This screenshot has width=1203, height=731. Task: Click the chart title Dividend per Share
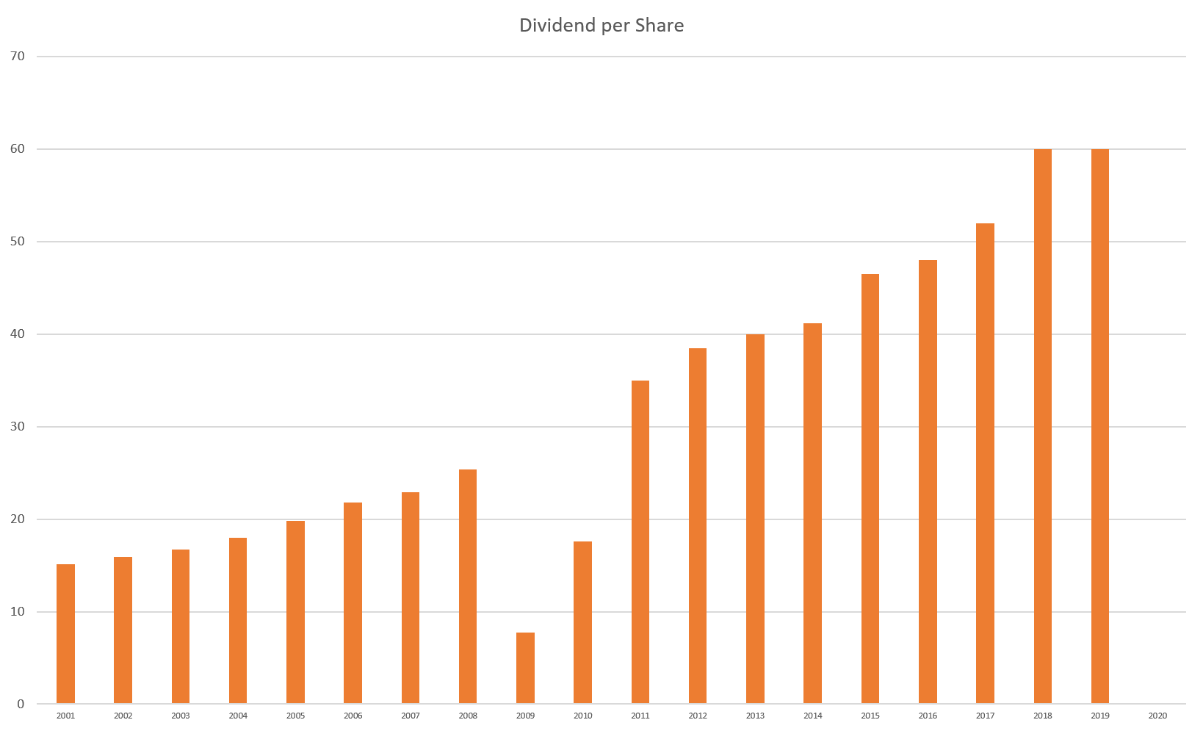pos(601,26)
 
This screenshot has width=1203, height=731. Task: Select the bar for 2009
pos(525,669)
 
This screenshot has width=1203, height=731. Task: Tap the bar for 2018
pos(1042,427)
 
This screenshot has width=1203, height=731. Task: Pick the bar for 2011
pos(640,542)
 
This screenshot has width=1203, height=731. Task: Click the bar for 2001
pos(65,634)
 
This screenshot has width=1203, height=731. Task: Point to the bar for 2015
pos(870,489)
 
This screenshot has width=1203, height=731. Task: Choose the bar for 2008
pos(468,586)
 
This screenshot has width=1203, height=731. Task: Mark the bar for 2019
pos(1099,427)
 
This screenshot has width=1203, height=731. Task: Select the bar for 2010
pos(582,623)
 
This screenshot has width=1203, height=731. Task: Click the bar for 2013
pos(755,519)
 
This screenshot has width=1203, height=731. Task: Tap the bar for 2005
pos(295,613)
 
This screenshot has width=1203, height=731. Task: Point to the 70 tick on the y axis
pos(18,57)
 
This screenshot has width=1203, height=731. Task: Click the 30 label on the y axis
pos(18,427)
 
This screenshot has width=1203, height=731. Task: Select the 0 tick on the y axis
pos(21,705)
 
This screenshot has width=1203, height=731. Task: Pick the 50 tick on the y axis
pos(18,242)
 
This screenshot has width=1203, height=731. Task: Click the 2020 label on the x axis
pos(1157,716)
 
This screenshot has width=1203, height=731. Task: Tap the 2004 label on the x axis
pos(238,716)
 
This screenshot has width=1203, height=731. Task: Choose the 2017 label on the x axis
pos(985,716)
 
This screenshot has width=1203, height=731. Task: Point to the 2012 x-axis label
pos(698,716)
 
